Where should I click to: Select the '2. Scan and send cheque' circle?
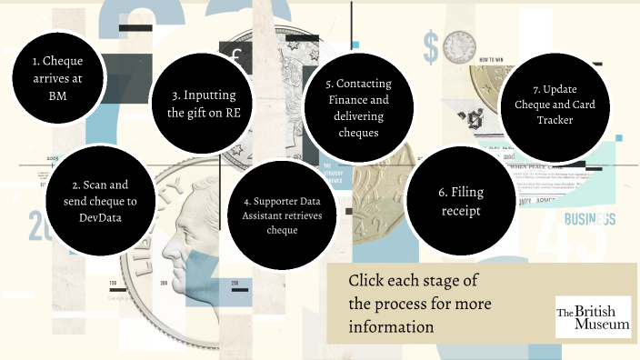coord(97,194)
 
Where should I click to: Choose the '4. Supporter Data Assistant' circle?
coord(282,215)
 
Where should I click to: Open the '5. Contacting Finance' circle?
coord(357,107)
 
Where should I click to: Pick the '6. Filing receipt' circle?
coord(459,202)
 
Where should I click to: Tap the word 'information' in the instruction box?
coord(393,325)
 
